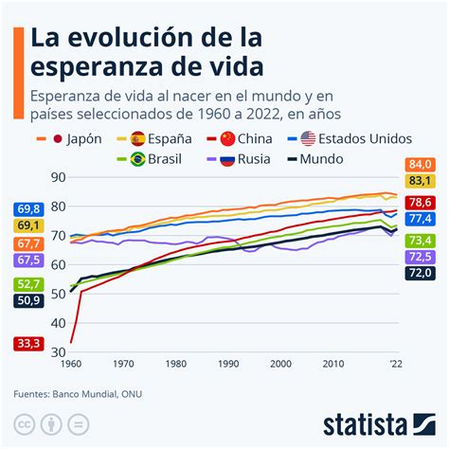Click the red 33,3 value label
tap(27, 343)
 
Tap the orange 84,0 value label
tap(420, 165)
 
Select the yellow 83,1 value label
tap(420, 181)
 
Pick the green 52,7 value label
tap(27, 284)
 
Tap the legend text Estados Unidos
tap(357, 138)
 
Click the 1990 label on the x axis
tap(226, 363)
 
